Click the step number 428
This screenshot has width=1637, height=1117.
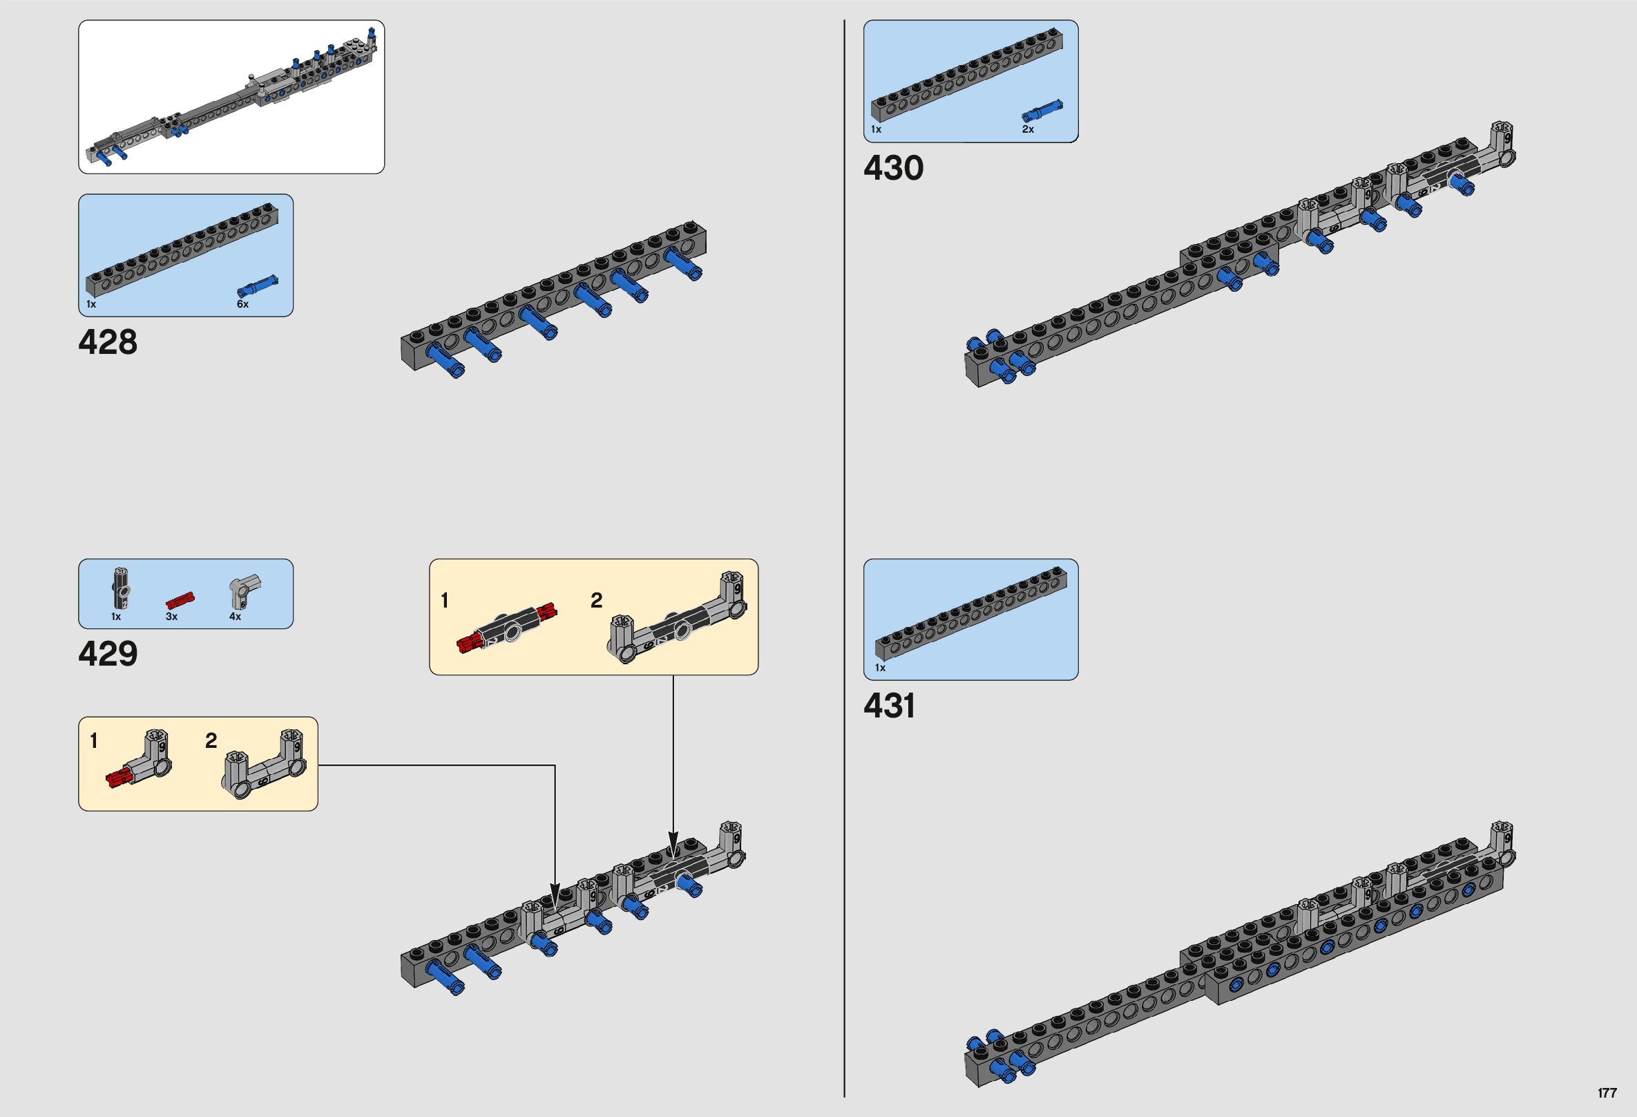coord(108,343)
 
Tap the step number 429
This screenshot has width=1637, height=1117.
coord(108,654)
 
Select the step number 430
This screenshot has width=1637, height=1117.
coord(893,169)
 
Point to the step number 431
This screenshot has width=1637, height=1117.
coord(889,706)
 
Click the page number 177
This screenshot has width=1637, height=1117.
coord(1607,1093)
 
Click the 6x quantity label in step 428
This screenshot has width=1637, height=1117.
coord(242,304)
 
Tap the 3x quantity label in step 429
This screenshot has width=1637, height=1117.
coord(171,617)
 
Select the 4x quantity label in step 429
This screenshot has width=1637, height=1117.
coord(236,617)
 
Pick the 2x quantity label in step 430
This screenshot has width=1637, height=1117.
coord(1028,130)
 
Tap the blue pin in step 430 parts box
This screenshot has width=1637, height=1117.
coord(1042,111)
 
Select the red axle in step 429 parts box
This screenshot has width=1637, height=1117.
coord(180,601)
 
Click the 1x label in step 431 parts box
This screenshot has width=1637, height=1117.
coord(880,668)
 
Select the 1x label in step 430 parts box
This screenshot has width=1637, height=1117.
coord(876,130)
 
